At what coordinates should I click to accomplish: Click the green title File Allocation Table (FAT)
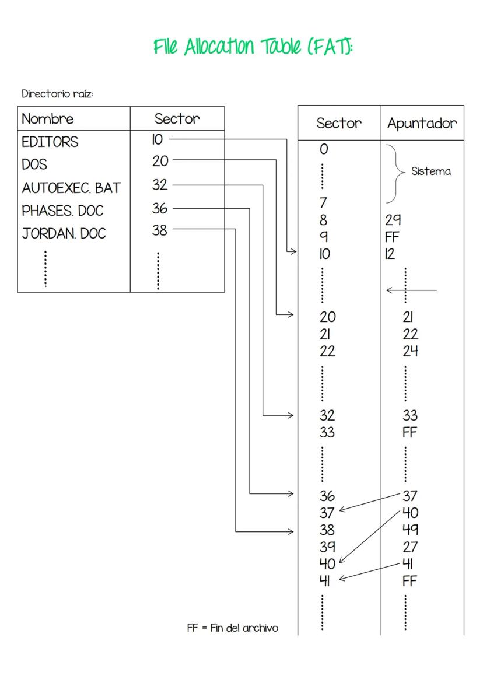253,47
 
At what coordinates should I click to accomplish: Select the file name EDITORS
50,142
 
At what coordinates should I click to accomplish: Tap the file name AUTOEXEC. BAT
71,188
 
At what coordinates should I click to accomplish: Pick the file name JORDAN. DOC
64,233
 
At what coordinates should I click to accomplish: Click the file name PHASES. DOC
62,211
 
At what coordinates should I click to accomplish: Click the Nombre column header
48,119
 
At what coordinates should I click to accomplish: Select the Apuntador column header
422,124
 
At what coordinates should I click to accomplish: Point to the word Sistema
431,171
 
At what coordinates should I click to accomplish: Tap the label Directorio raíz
57,94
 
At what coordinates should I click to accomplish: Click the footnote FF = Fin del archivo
232,628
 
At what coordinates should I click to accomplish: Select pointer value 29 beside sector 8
393,220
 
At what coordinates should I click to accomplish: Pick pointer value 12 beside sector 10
390,254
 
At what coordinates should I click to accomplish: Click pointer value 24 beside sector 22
410,352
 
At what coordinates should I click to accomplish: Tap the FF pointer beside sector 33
410,433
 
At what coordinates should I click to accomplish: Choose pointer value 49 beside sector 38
410,530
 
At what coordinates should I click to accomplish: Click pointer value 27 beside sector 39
410,547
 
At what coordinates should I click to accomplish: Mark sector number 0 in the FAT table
324,149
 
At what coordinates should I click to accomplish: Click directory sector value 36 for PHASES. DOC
159,208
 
